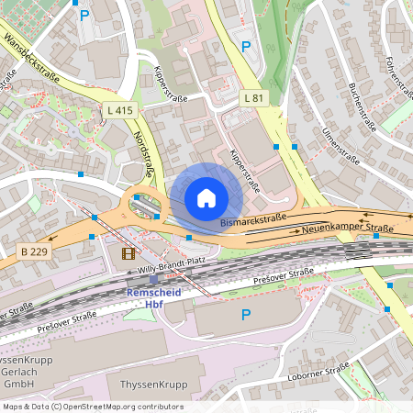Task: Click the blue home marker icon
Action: [x=206, y=198]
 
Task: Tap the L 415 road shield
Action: [x=120, y=110]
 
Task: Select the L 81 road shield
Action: [x=254, y=97]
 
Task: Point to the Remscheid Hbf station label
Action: [x=153, y=297]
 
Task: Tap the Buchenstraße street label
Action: [x=365, y=106]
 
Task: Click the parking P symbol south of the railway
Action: [x=245, y=315]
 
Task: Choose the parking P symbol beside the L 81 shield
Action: [x=245, y=46]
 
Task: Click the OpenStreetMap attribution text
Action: [x=93, y=407]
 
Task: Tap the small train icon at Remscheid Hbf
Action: [x=153, y=280]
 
